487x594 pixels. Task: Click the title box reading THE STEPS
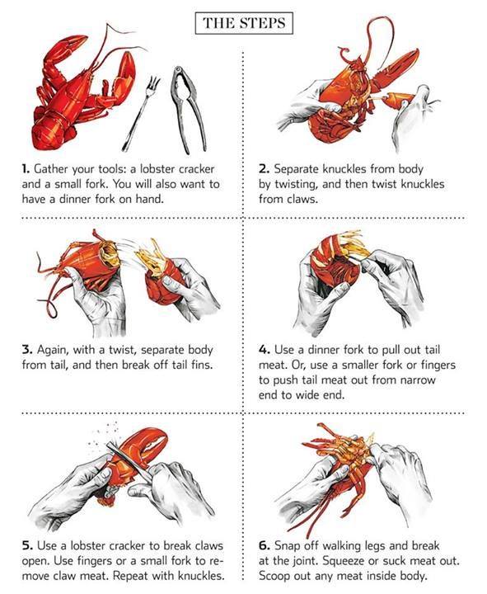click(x=244, y=23)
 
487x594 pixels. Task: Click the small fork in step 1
click(x=141, y=113)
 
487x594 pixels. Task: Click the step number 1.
click(x=26, y=169)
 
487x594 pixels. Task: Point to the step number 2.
click(x=265, y=169)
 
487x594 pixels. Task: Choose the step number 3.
click(x=27, y=349)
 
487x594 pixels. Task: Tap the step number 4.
click(x=265, y=349)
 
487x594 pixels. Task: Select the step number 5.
click(x=27, y=545)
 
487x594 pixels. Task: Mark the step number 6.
click(x=265, y=545)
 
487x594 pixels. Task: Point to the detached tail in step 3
click(x=162, y=274)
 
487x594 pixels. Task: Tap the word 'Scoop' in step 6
click(x=274, y=577)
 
